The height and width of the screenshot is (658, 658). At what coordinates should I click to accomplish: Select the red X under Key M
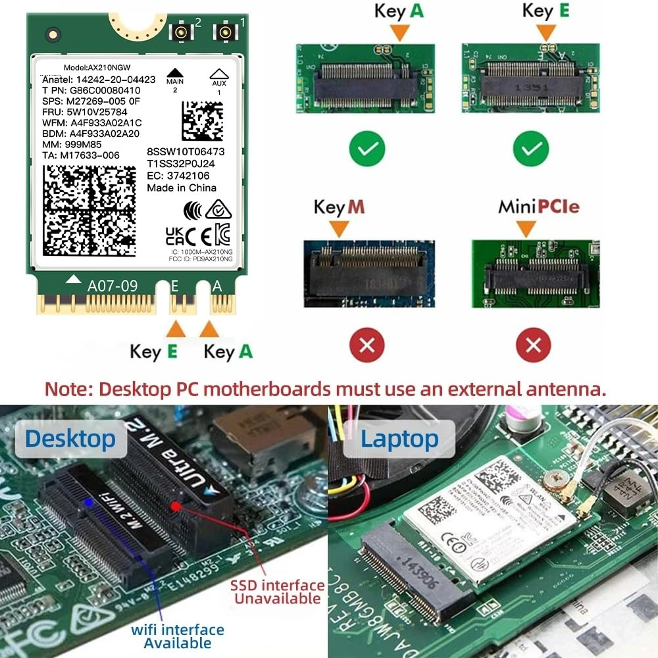click(x=367, y=344)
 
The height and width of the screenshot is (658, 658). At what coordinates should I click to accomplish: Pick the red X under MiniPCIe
click(x=533, y=344)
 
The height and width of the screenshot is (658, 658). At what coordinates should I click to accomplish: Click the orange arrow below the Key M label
click(x=339, y=228)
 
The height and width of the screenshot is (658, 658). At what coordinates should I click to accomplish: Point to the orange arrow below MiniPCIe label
click(x=525, y=228)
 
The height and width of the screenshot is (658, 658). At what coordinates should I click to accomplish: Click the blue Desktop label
click(x=71, y=438)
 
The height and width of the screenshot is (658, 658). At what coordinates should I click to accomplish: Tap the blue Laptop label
click(x=399, y=438)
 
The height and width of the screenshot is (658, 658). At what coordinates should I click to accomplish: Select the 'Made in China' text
click(x=182, y=188)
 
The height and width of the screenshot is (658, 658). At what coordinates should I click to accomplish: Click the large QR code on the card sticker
click(x=89, y=211)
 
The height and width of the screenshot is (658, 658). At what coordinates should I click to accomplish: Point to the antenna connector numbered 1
click(x=225, y=33)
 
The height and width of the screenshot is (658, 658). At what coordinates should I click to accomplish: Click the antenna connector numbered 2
click(x=180, y=33)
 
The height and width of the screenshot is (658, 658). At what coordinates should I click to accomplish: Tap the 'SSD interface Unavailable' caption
click(x=276, y=592)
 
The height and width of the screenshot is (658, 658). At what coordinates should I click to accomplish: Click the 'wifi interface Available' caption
click(x=178, y=636)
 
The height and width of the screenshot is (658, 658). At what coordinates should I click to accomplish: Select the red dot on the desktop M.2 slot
click(x=176, y=506)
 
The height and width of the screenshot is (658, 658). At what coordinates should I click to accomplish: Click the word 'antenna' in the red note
click(x=559, y=388)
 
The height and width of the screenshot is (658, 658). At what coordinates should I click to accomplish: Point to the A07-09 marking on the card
click(x=113, y=286)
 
